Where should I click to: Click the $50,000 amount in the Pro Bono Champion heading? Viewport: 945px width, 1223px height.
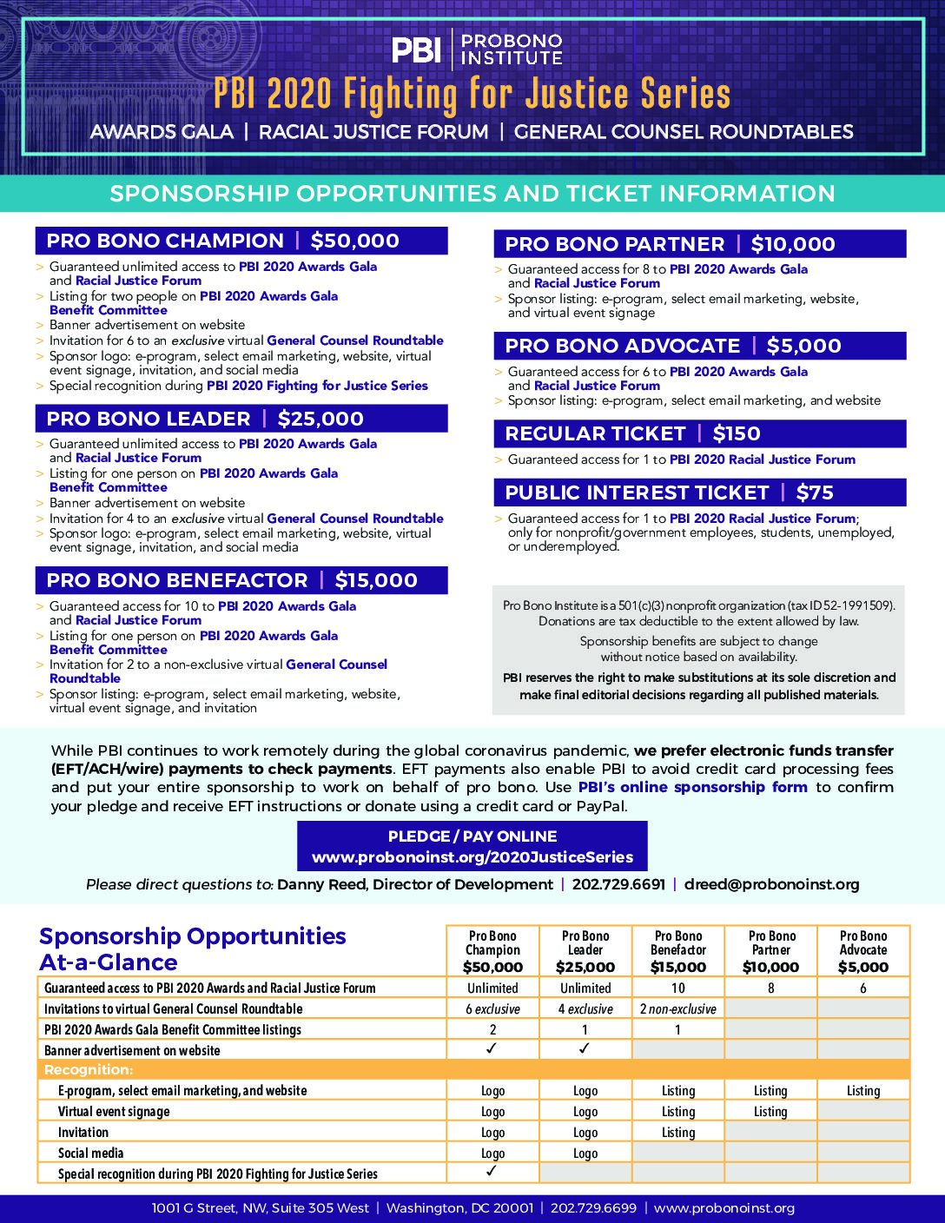coord(354,241)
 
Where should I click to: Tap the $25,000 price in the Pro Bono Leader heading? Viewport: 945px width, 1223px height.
coord(321,419)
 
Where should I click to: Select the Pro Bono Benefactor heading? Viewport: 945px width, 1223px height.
coord(177,580)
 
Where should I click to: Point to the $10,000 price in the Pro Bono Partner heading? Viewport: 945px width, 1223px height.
coord(793,245)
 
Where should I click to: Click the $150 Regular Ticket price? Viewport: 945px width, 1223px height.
coord(737,434)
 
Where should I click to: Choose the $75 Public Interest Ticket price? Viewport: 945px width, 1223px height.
coord(815,493)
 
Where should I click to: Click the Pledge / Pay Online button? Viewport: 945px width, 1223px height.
coord(472,847)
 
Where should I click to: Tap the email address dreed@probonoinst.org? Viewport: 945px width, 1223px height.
coord(771,884)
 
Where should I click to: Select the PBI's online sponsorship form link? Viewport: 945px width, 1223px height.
coord(692,787)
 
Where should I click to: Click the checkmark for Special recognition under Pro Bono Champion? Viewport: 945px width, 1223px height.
coord(492,1172)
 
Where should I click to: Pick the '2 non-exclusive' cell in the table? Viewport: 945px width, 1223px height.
coord(677,1009)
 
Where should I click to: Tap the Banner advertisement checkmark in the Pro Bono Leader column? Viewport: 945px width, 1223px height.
coord(585,1049)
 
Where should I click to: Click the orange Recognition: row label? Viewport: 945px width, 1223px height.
coord(89,1069)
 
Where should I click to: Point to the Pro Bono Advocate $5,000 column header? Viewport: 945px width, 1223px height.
coord(862,951)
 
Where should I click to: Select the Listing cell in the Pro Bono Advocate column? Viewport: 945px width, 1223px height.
coord(862,1091)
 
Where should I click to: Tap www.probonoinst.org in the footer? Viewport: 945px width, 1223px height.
coord(724,1208)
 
